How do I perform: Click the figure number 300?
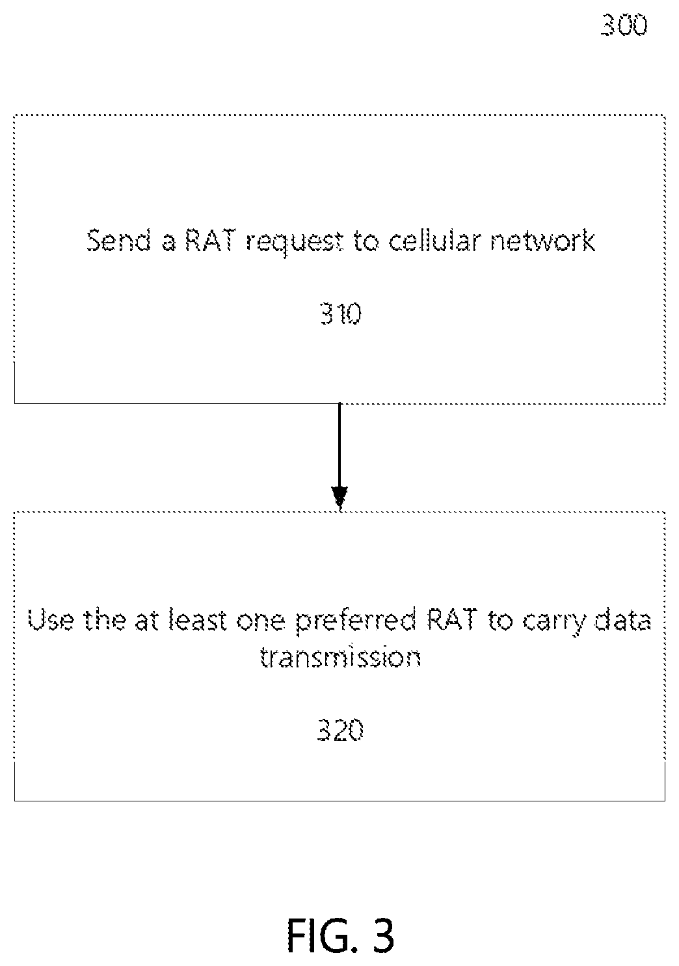pyautogui.click(x=624, y=25)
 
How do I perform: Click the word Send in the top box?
pyautogui.click(x=119, y=240)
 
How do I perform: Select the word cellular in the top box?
pyautogui.click(x=434, y=240)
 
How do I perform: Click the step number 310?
pyautogui.click(x=341, y=314)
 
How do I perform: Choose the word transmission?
pyautogui.click(x=341, y=657)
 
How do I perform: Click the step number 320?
pyautogui.click(x=341, y=731)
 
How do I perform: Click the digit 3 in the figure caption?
pyautogui.click(x=383, y=935)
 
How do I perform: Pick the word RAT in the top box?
pyautogui.click(x=210, y=240)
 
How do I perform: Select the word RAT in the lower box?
pyautogui.click(x=452, y=620)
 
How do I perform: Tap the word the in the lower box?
pyautogui.click(x=105, y=620)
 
